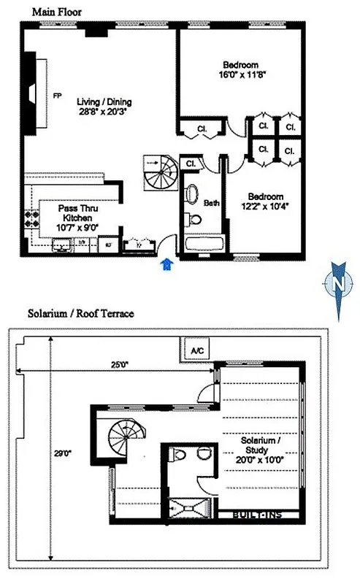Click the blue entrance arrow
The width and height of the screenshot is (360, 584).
coord(167,264)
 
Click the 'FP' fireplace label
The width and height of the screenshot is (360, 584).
coord(56,96)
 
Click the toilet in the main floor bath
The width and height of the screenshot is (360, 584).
coord(194,219)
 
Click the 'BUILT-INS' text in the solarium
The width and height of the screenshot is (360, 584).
coord(256,515)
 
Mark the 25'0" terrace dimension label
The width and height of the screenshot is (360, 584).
coord(117,365)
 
